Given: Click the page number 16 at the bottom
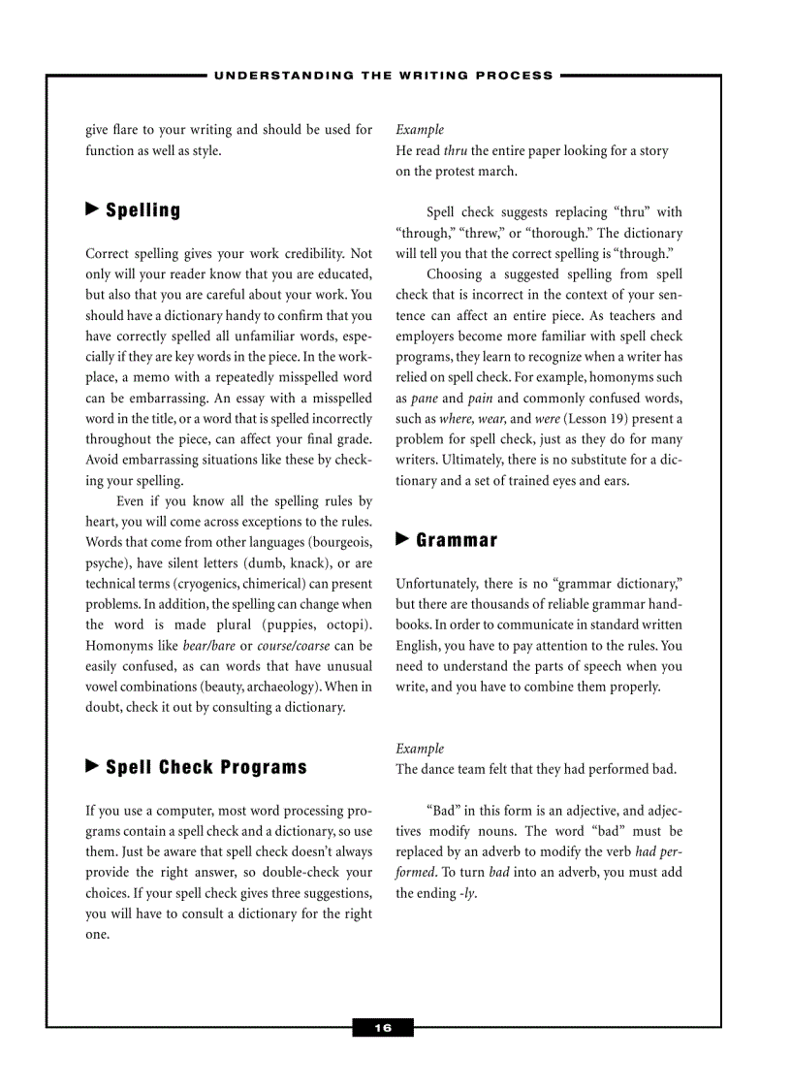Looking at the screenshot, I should tap(383, 1028).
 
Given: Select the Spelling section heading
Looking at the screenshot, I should tap(142, 210).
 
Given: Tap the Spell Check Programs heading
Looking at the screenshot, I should tap(206, 767).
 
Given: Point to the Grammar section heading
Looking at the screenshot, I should tap(457, 540).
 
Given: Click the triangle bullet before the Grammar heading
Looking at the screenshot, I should tap(403, 539).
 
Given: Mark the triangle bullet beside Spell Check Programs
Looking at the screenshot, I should tap(93, 766).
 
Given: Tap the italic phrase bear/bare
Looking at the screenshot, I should tap(209, 646).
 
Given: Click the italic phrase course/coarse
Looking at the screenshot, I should tap(294, 646).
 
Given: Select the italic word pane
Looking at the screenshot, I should tap(425, 399).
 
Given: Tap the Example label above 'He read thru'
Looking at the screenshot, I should tap(420, 130).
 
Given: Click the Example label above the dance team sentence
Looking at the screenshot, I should tap(420, 749).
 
